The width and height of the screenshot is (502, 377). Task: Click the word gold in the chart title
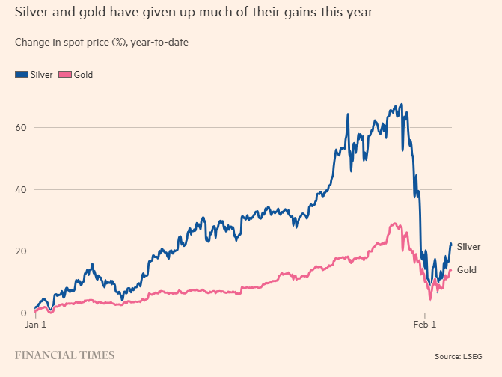point(88,13)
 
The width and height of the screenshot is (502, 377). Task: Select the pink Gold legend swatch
point(64,75)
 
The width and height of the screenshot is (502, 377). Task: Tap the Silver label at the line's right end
point(468,247)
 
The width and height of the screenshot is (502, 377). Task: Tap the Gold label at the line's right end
point(467,270)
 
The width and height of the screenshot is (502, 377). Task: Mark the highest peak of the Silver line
point(402,105)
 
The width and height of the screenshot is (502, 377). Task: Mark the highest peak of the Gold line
point(394,224)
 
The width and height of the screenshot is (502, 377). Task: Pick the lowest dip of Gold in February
point(430,299)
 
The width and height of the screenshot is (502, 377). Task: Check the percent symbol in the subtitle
point(118,42)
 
